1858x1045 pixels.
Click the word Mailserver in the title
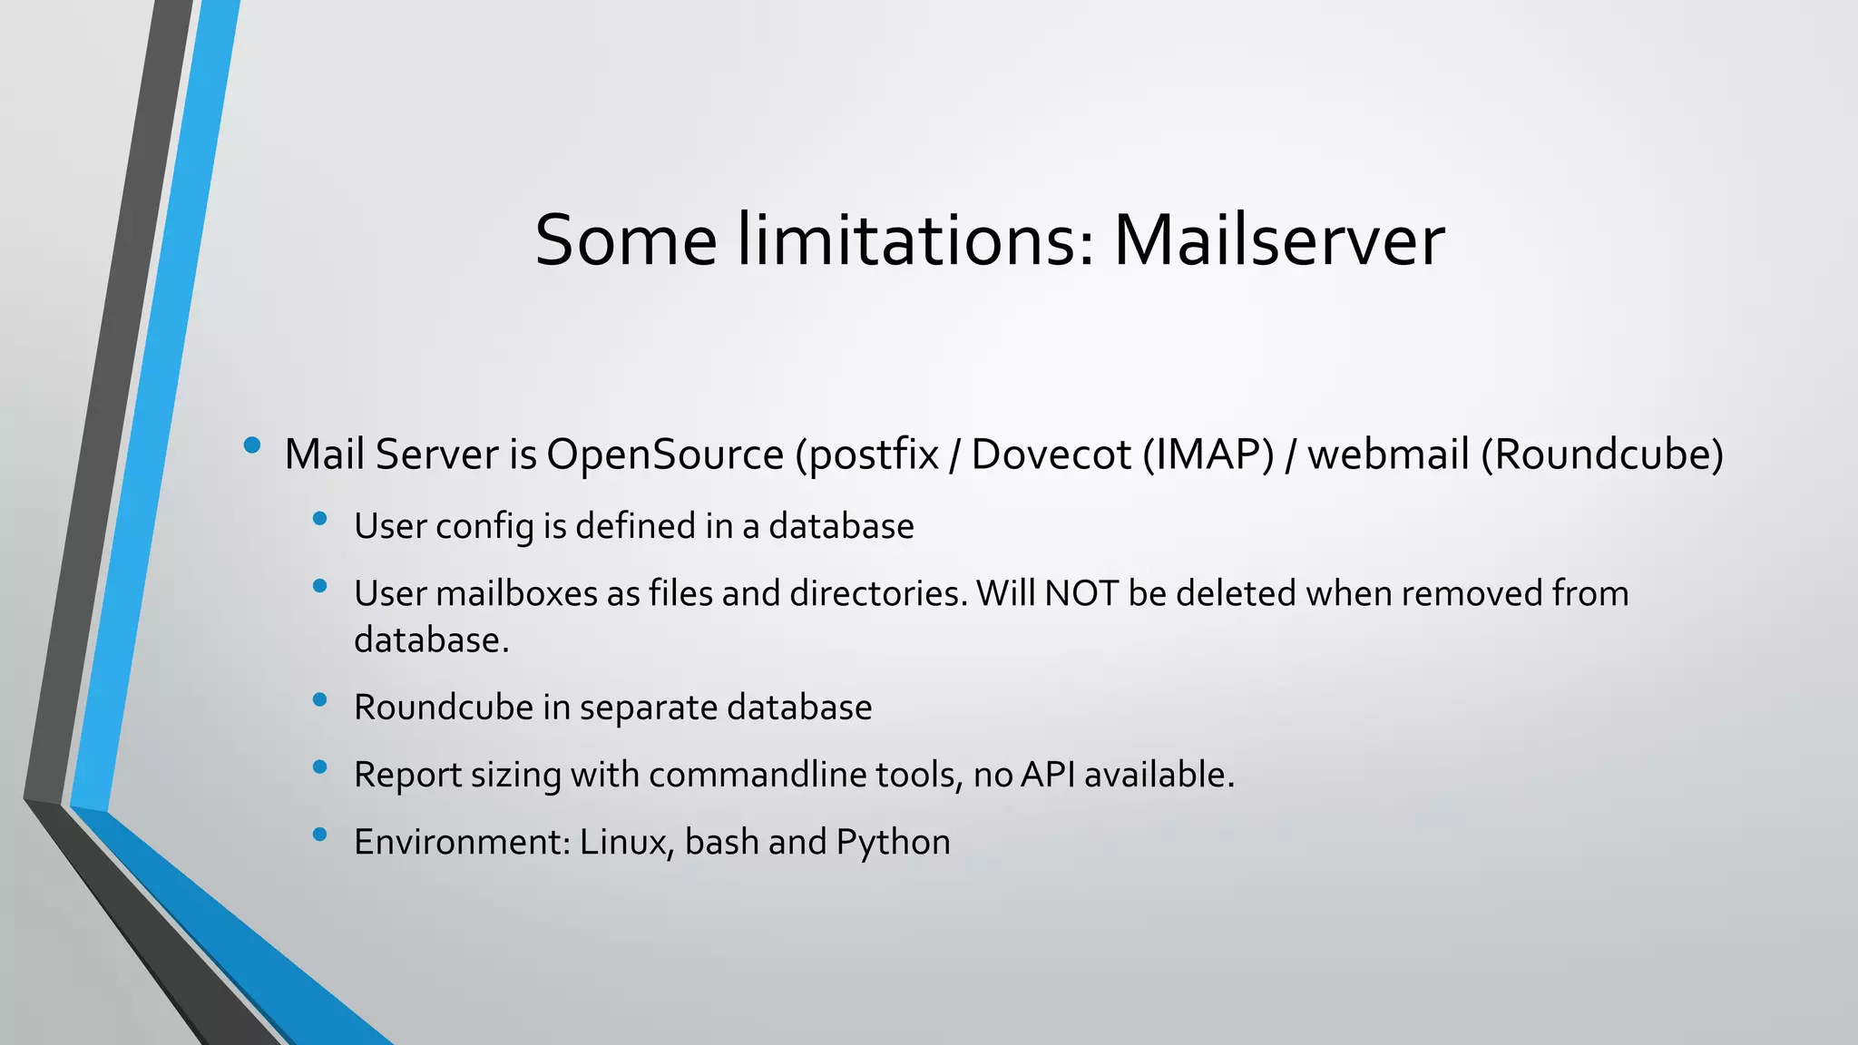coord(1278,241)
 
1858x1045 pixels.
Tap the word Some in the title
coord(625,241)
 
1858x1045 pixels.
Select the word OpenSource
coord(665,454)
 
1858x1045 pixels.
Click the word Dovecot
coord(1051,454)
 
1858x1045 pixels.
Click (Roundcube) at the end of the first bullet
coord(1602,454)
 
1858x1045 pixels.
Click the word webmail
coord(1388,454)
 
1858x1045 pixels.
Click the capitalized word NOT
coord(1081,593)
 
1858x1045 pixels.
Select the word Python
coord(893,842)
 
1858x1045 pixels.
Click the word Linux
coord(625,842)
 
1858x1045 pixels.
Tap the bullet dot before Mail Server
coord(252,445)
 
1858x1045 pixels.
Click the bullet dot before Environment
coord(318,834)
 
